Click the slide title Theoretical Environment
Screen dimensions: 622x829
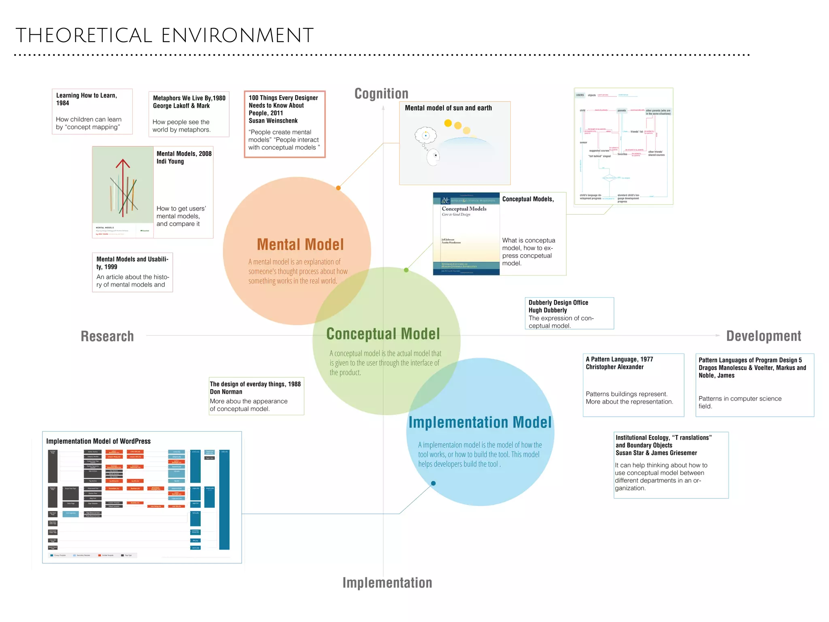click(x=164, y=36)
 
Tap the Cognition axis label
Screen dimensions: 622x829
click(x=381, y=94)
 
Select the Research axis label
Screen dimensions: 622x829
click(x=107, y=336)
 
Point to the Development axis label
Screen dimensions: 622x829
click(x=763, y=336)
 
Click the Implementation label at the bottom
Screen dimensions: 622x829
click(x=387, y=583)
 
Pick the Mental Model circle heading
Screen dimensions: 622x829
click(x=300, y=245)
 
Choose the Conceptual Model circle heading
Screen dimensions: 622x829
click(x=383, y=334)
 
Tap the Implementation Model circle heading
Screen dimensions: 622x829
click(x=480, y=422)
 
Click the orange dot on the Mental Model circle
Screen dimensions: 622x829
click(x=338, y=188)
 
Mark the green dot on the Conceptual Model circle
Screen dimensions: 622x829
click(x=406, y=270)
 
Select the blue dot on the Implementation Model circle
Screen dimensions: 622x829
click(x=433, y=483)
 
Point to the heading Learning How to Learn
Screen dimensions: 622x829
click(x=86, y=96)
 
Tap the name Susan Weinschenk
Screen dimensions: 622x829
click(x=273, y=121)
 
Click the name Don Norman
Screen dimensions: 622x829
click(x=226, y=392)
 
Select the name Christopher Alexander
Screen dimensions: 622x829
click(x=614, y=367)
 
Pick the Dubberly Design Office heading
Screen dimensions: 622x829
click(x=558, y=302)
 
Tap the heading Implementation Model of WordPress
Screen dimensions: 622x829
click(x=98, y=441)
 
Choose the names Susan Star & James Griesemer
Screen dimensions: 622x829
click(x=656, y=453)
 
